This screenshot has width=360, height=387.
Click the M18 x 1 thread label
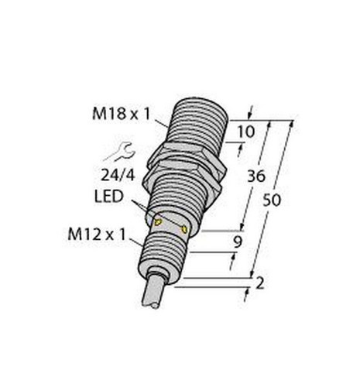pyautogui.click(x=121, y=114)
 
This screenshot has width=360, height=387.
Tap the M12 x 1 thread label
pyautogui.click(x=97, y=235)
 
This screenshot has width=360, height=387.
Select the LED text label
pyautogui.click(x=108, y=196)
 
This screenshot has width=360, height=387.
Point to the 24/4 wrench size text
pyautogui.click(x=118, y=176)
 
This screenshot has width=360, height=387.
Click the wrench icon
pyautogui.click(x=119, y=152)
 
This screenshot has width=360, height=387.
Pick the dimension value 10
pyautogui.click(x=246, y=132)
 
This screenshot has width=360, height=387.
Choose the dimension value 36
pyautogui.click(x=256, y=176)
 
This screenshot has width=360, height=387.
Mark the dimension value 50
pyautogui.click(x=272, y=200)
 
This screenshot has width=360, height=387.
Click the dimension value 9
pyautogui.click(x=238, y=242)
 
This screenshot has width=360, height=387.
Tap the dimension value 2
pyautogui.click(x=260, y=283)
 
